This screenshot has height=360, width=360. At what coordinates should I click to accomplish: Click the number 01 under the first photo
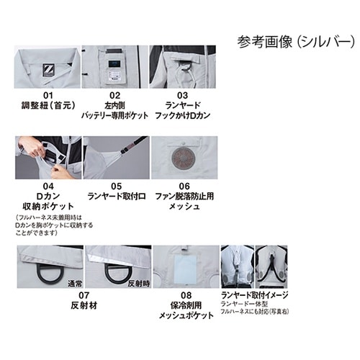tap(48, 94)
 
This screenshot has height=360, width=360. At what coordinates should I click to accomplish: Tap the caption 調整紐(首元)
tap(48, 105)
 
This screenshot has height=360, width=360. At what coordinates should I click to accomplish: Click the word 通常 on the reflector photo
tap(76, 283)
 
